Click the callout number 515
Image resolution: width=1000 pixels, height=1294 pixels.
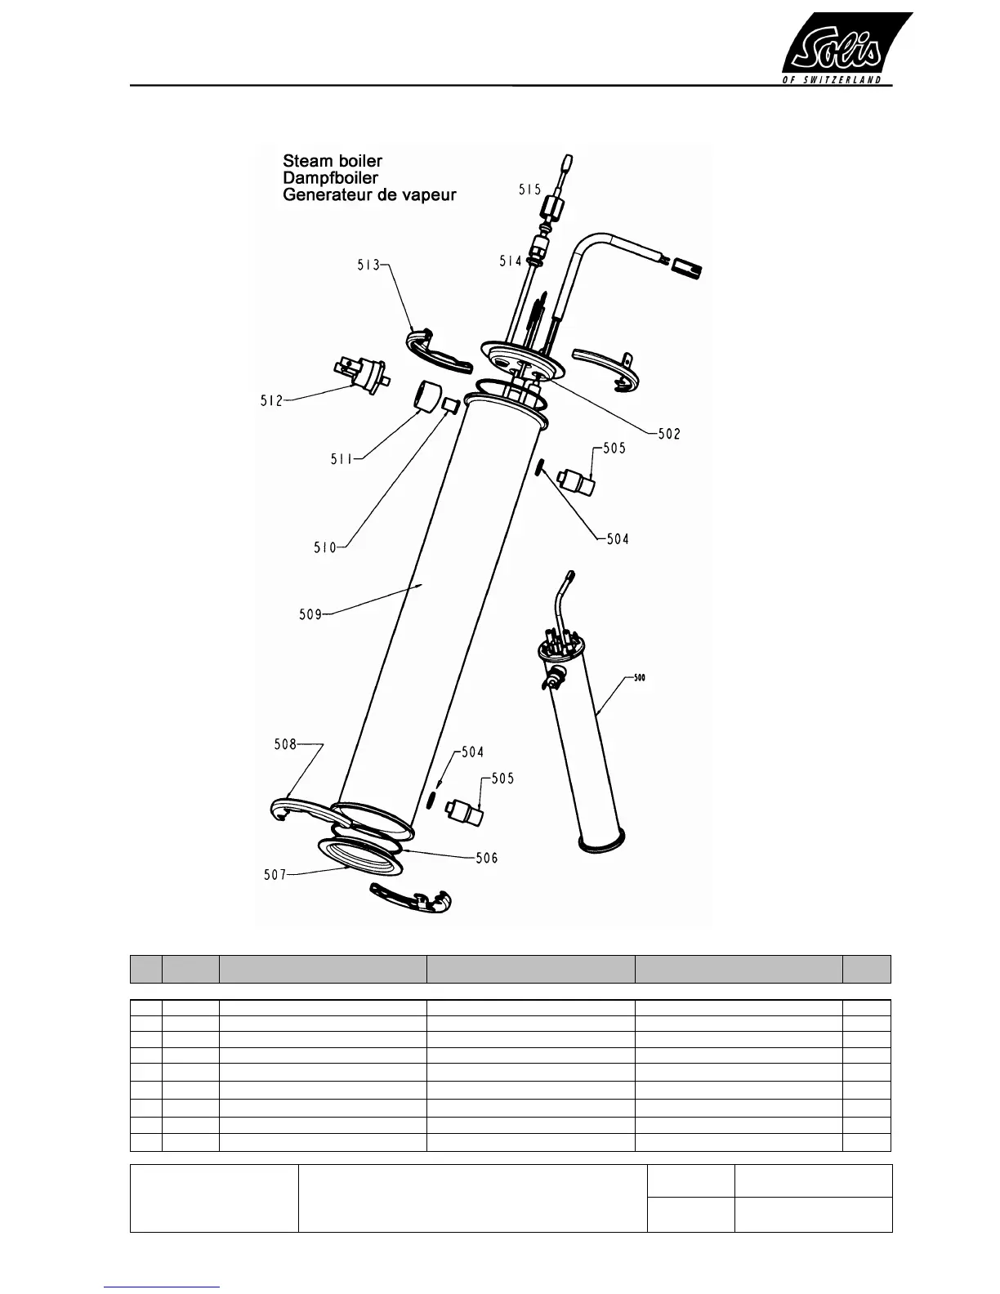coord(529,190)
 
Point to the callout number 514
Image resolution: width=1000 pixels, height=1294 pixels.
coord(511,261)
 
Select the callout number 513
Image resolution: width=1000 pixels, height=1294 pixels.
coord(368,265)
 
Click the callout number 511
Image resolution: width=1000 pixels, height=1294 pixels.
coord(342,460)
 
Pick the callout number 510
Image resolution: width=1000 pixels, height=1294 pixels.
coord(325,547)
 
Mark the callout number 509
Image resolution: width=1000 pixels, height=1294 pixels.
coord(310,614)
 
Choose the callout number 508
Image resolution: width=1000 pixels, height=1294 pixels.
coord(285,745)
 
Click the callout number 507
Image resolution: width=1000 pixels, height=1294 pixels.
coord(275,875)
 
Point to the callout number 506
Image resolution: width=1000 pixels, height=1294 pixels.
coord(487,858)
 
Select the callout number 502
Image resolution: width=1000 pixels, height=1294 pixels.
coord(669,435)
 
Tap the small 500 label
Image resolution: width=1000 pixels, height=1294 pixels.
coord(639,677)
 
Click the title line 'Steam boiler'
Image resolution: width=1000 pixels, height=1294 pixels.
coord(333,160)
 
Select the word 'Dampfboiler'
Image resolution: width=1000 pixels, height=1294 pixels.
coord(331,177)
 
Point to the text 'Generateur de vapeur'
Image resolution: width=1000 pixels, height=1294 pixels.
coord(369,195)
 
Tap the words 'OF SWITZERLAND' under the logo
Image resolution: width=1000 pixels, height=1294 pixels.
coord(833,80)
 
